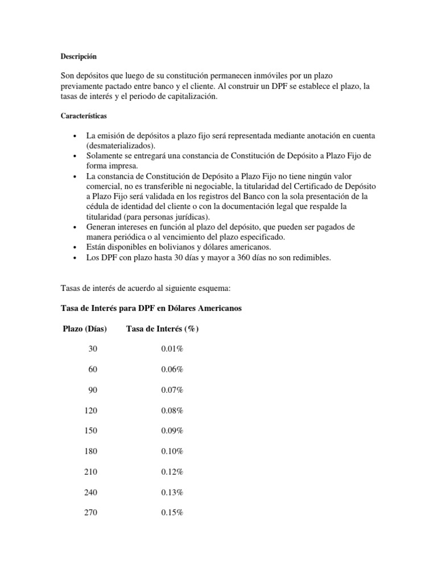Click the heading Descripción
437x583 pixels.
click(79, 56)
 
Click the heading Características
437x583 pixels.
click(88, 116)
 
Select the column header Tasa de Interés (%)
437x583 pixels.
click(162, 329)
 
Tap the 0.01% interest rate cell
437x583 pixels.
click(172, 349)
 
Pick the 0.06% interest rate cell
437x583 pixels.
click(172, 369)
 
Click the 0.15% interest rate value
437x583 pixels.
click(172, 512)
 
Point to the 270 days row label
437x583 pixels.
click(90, 512)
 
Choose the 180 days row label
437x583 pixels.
click(90, 451)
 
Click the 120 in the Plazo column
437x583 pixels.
click(90, 410)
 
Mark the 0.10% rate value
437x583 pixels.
click(172, 451)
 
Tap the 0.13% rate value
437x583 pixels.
click(172, 492)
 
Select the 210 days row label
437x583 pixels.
click(90, 471)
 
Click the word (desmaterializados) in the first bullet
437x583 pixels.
click(120, 146)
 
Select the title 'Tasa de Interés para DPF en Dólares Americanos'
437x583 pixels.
click(151, 308)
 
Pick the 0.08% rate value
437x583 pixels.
click(172, 410)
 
